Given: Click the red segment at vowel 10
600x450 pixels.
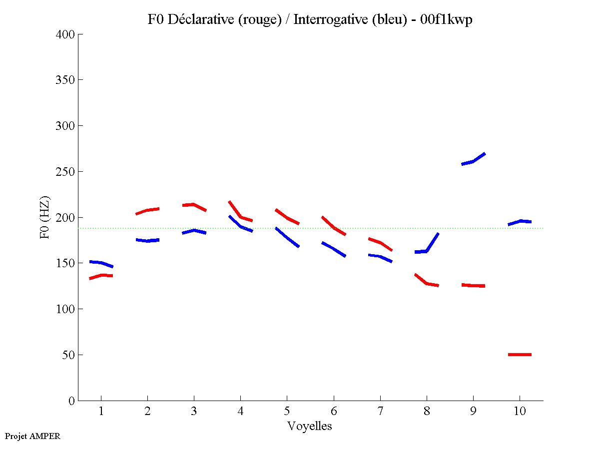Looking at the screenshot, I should coord(520,355).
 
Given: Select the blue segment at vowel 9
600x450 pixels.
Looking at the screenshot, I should coord(473,161).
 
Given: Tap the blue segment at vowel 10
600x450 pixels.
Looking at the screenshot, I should coord(520,221).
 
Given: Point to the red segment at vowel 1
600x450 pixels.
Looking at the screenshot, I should coord(101,276).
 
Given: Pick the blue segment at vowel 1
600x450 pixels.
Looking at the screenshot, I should coord(101,263).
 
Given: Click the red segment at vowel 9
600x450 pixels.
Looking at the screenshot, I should coord(473,285).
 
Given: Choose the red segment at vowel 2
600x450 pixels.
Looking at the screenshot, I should coord(147,210).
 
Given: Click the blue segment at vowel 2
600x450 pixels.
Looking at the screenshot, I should coord(147,240).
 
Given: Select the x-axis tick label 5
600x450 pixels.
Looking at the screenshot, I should coord(287,412).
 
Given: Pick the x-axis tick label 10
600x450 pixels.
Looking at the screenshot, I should coord(520,412).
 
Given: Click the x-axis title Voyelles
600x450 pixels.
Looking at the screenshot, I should coord(309,427).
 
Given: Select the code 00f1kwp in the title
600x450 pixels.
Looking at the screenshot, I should coord(447,20).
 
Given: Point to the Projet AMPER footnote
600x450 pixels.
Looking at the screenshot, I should coord(32,436).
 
